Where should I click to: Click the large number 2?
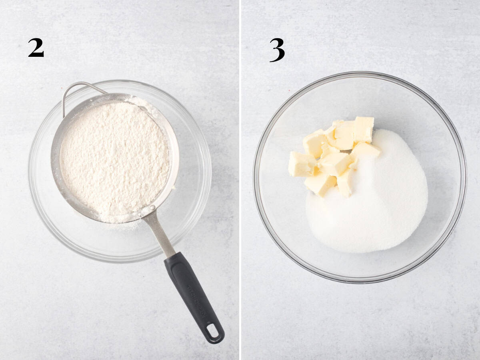[x=36, y=48]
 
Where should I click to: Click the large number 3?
[x=277, y=50]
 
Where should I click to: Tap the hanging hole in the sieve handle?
[x=212, y=331]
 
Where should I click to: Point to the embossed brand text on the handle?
[x=196, y=300]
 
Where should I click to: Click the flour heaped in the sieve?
[x=114, y=156]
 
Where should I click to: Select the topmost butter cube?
[x=364, y=129]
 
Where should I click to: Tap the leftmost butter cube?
[x=301, y=164]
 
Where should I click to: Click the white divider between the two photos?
[x=240, y=180]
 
